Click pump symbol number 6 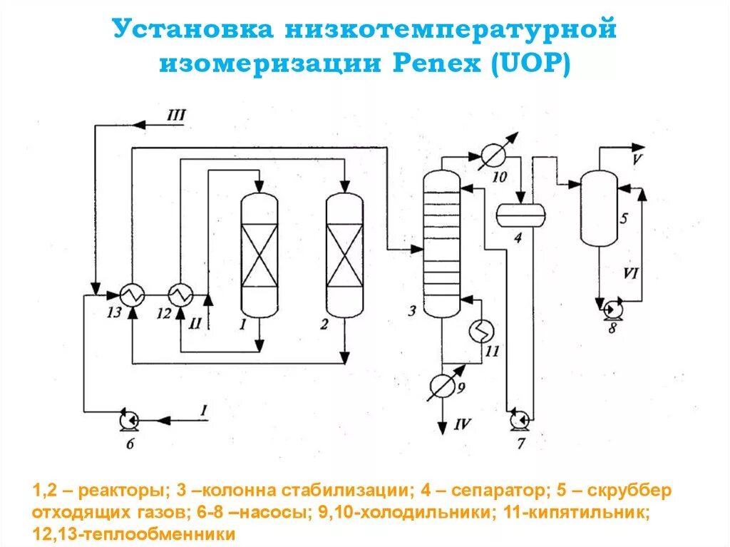[130, 421]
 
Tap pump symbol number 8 [610, 310]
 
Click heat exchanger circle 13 [132, 292]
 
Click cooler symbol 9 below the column [442, 386]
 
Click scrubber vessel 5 [599, 208]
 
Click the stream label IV [463, 426]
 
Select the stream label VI [630, 272]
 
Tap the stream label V [637, 159]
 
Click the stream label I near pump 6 [203, 409]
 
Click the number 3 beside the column [411, 310]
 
